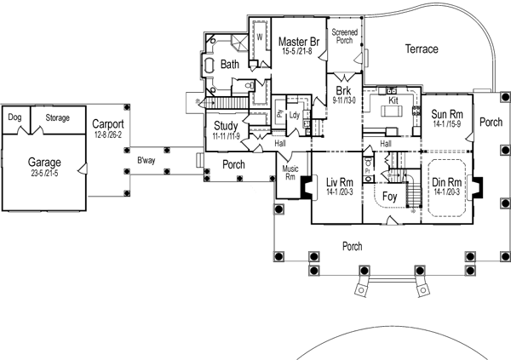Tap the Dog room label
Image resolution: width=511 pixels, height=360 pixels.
point(14,117)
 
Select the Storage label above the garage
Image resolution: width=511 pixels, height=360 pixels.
point(57,117)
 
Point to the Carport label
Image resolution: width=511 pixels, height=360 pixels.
point(109,123)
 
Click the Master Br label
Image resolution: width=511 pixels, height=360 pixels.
point(300,42)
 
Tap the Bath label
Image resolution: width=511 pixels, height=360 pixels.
point(230,64)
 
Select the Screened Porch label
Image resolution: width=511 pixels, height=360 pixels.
point(344,36)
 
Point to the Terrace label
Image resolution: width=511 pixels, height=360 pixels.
point(421,49)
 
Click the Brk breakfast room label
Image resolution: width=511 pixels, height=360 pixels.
point(344,91)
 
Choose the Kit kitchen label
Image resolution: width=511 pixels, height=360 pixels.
point(393,100)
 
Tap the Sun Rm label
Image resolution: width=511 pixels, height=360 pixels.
point(447,114)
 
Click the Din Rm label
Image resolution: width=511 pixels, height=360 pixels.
point(447,183)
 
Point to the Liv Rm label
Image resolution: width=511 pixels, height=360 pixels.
point(341,182)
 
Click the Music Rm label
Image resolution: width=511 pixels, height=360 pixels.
point(290,173)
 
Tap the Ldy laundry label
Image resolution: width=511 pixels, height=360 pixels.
point(294,115)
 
